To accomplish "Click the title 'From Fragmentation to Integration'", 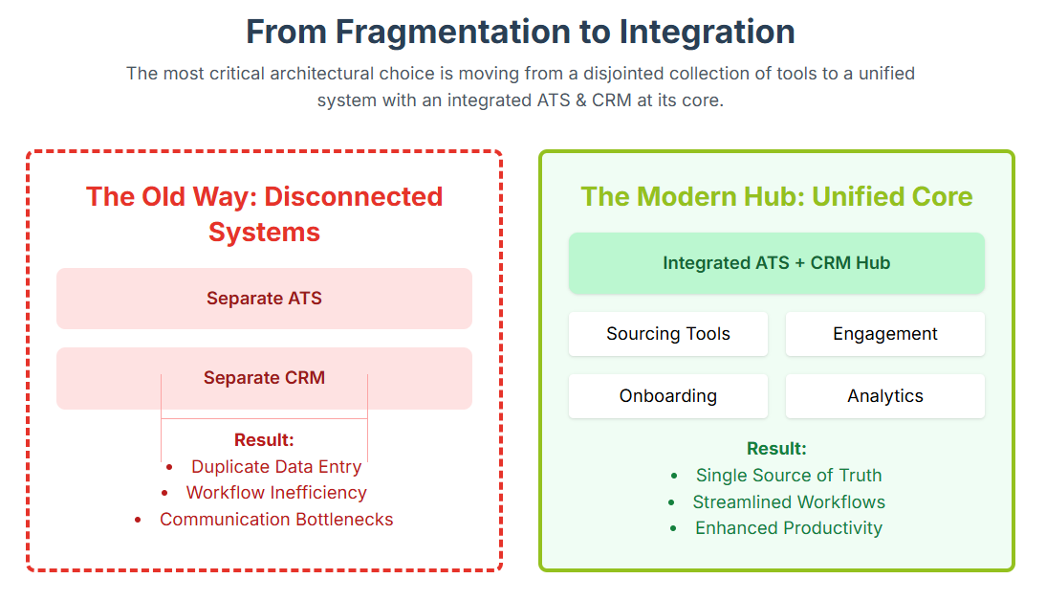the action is [x=520, y=32].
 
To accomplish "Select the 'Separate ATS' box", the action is [x=264, y=299].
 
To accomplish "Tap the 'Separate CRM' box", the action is [x=264, y=378].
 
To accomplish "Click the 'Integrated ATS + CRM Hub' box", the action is [x=776, y=263].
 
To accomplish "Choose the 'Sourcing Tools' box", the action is [x=668, y=334].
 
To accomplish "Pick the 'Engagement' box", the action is [x=885, y=334].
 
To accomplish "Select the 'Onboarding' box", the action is [x=668, y=396].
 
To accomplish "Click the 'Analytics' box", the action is [x=885, y=396].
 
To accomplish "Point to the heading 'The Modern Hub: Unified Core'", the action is [x=776, y=197].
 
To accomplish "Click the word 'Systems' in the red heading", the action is [x=264, y=233].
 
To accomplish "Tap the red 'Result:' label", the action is [x=264, y=440].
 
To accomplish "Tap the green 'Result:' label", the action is [x=776, y=449].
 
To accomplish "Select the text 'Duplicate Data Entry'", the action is [x=276, y=467].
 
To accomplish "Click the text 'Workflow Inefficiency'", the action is [x=276, y=493].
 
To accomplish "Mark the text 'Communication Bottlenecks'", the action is [x=276, y=520].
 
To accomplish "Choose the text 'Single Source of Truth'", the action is [x=789, y=476].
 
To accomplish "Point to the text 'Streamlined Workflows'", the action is [x=789, y=502].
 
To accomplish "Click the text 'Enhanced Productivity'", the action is [x=789, y=528].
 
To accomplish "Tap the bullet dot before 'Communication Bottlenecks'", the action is [x=138, y=521].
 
